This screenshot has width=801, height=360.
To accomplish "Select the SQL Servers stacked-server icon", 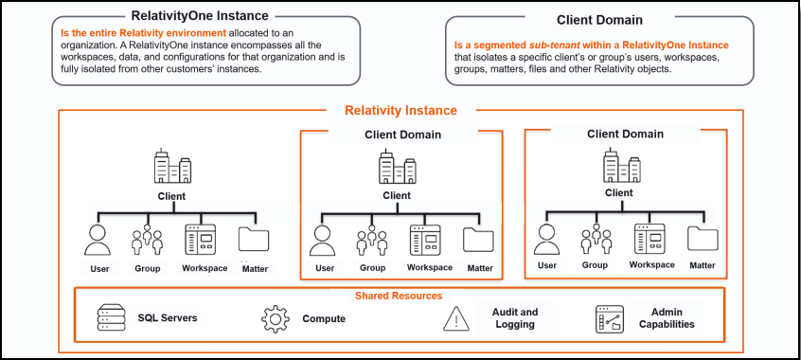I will pyautogui.click(x=112, y=318).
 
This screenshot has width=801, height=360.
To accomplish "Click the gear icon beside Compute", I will pyautogui.click(x=275, y=319).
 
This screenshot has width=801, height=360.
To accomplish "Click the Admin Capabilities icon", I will pyautogui.click(x=611, y=319).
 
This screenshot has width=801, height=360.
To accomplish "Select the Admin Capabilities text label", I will pyautogui.click(x=673, y=318).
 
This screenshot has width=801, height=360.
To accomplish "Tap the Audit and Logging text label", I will pyautogui.click(x=515, y=318).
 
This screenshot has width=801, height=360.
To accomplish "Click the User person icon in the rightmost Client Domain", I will pyautogui.click(x=547, y=239).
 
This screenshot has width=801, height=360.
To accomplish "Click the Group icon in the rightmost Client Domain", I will pyautogui.click(x=595, y=239).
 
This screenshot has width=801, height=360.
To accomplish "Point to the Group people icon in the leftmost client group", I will pyautogui.click(x=146, y=241).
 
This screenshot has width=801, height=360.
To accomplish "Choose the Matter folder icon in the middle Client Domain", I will pyautogui.click(x=478, y=241).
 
